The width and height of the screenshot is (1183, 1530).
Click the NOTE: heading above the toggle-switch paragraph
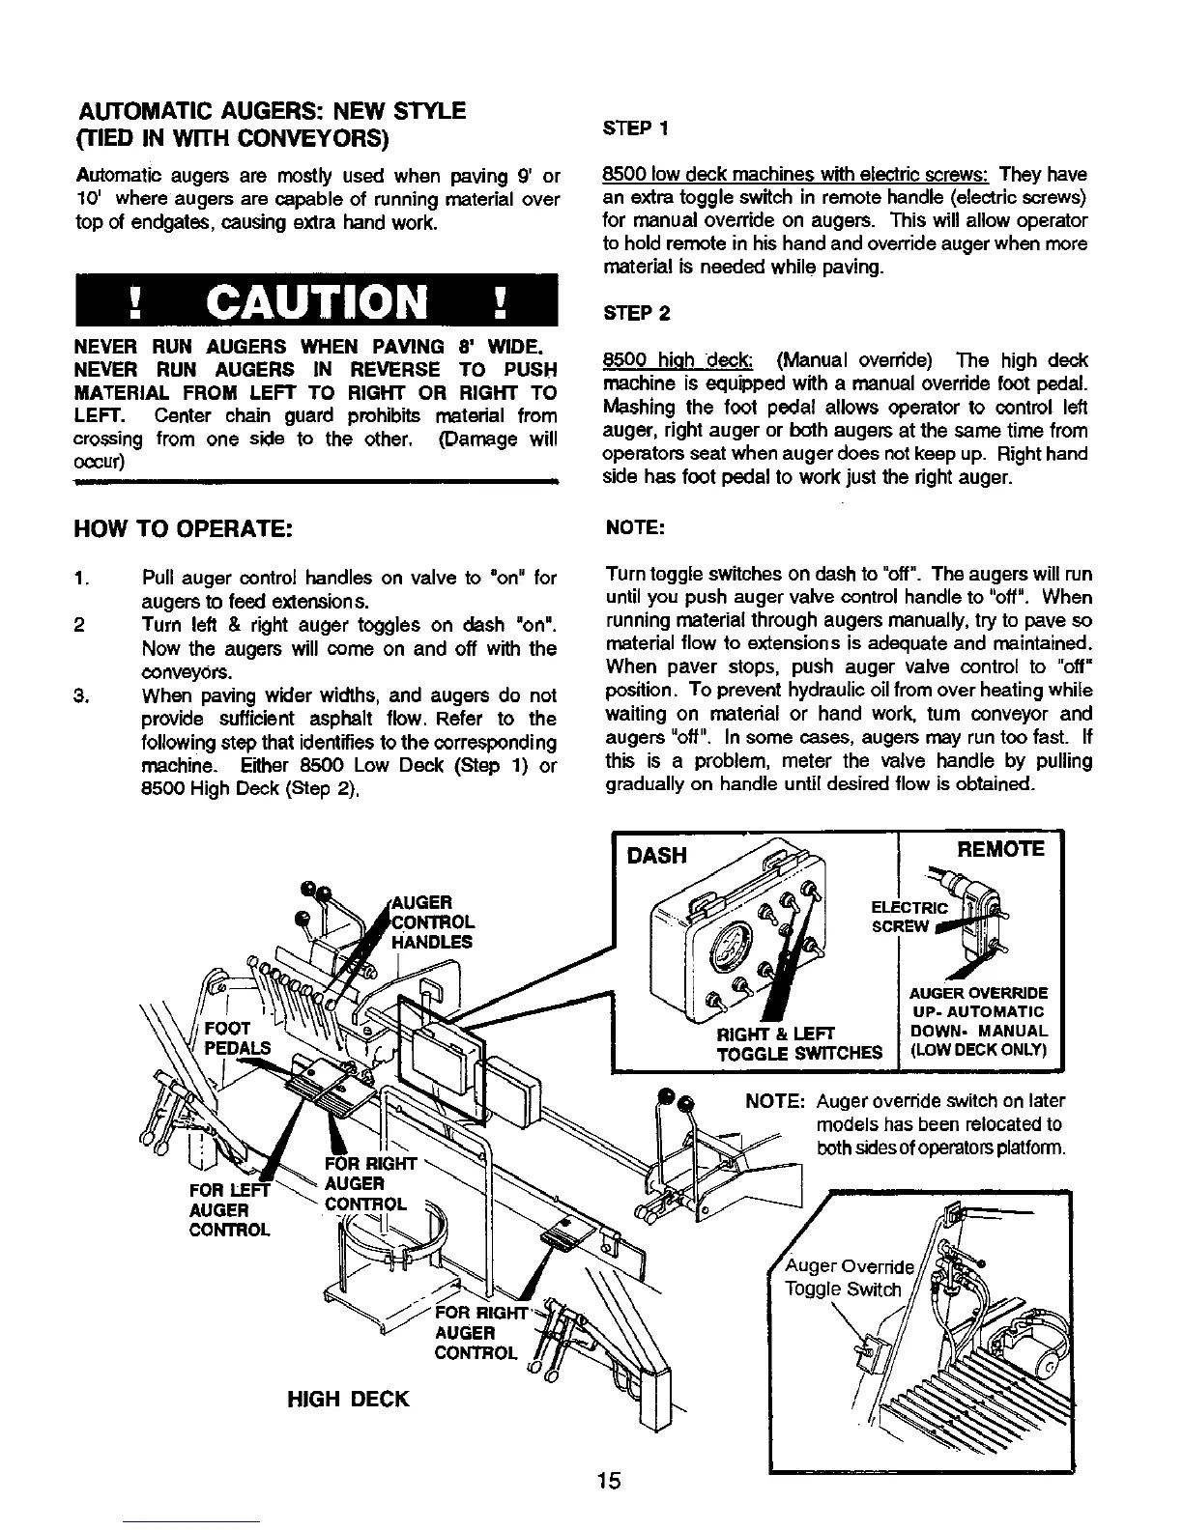pyautogui.click(x=633, y=528)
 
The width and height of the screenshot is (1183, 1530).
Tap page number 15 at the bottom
pyautogui.click(x=608, y=1481)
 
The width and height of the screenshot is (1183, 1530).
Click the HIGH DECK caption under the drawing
pyautogui.click(x=348, y=1399)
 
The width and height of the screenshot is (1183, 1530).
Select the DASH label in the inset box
pyautogui.click(x=657, y=856)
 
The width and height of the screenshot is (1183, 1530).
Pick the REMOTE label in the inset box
pyautogui.click(x=1000, y=849)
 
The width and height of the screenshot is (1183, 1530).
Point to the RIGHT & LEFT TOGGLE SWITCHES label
pyautogui.click(x=798, y=1043)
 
